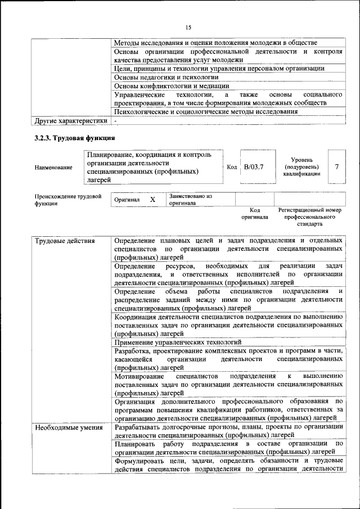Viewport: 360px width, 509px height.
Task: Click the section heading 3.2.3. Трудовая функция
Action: click(x=75, y=138)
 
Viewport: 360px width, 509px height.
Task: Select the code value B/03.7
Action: click(x=253, y=166)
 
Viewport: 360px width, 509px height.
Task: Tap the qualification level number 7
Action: click(x=336, y=166)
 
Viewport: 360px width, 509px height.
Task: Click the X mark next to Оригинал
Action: click(x=152, y=200)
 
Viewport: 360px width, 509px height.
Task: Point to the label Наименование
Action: click(x=53, y=167)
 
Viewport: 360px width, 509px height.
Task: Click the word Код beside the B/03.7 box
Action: click(x=232, y=167)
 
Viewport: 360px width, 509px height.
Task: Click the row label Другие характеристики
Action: click(x=71, y=120)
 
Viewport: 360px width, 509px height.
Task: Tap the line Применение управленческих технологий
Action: click(x=178, y=341)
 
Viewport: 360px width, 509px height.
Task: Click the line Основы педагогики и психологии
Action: click(x=166, y=77)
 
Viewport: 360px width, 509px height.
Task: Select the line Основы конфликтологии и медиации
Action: click(x=172, y=86)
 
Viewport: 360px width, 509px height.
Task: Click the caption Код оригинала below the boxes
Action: click(x=255, y=213)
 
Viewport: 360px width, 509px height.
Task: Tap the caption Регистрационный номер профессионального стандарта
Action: click(x=309, y=217)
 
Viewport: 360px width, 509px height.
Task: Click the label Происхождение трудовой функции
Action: click(x=67, y=200)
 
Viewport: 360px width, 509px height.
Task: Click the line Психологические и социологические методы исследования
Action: click(x=206, y=111)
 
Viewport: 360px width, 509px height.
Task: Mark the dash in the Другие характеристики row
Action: click(x=115, y=120)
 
